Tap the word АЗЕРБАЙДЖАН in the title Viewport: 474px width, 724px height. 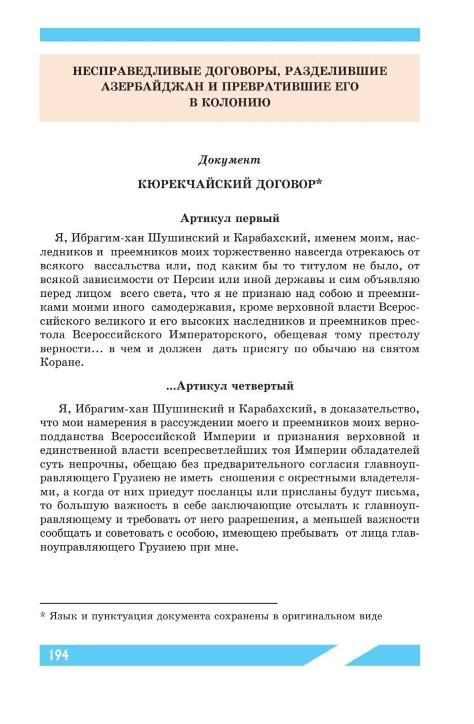[x=149, y=87]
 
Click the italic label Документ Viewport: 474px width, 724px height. [x=229, y=160]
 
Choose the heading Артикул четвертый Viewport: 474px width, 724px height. [x=230, y=386]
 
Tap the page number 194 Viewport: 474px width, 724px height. [x=58, y=655]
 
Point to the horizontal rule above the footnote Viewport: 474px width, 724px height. [x=158, y=604]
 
